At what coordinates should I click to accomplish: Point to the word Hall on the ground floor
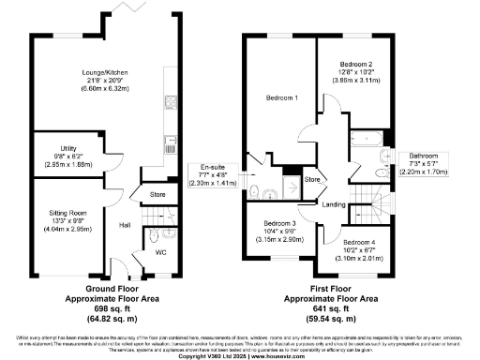tap(124, 225)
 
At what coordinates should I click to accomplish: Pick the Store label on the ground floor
tap(158, 195)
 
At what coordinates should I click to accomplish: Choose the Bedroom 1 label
tap(281, 98)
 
